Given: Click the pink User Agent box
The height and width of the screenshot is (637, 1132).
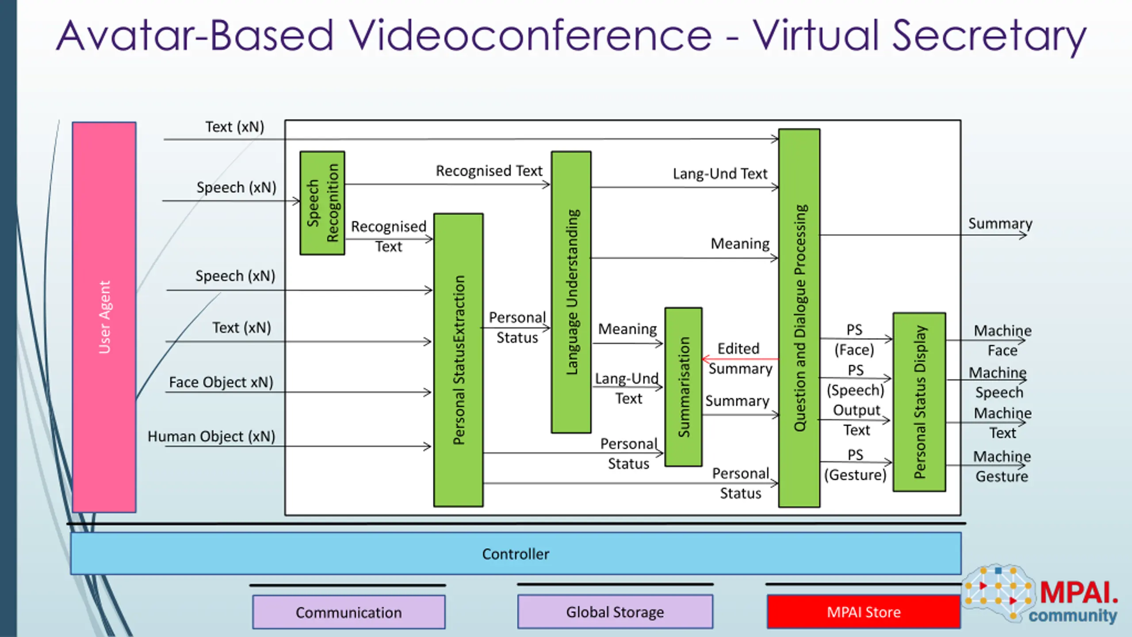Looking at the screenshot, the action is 104,317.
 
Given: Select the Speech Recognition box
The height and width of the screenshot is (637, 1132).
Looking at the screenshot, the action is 322,203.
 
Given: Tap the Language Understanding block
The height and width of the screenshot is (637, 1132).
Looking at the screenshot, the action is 571,292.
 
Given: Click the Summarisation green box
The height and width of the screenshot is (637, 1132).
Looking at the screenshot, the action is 683,387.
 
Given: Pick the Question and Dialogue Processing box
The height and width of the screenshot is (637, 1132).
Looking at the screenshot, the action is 799,318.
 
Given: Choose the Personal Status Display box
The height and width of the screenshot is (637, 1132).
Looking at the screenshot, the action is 919,402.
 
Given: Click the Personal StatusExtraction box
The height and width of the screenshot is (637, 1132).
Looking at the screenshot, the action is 458,360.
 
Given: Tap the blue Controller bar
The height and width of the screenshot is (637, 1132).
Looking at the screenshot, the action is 516,553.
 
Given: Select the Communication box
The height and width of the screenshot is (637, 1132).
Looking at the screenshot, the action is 348,612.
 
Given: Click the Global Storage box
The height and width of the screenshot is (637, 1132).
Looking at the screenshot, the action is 615,612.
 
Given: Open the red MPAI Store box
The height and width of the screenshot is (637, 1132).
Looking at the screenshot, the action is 864,612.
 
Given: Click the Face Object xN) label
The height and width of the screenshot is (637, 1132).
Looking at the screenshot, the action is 221,382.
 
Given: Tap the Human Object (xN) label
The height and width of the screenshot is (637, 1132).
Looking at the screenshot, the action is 211,436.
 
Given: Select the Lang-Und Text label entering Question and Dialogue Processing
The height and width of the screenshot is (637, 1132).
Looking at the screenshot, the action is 720,174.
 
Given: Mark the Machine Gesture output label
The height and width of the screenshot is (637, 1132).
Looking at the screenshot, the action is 1002,466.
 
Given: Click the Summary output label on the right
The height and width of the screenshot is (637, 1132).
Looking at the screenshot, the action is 1000,223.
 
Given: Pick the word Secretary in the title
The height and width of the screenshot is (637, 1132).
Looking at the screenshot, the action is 989,35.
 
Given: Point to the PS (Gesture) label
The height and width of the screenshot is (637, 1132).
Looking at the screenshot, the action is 855,465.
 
